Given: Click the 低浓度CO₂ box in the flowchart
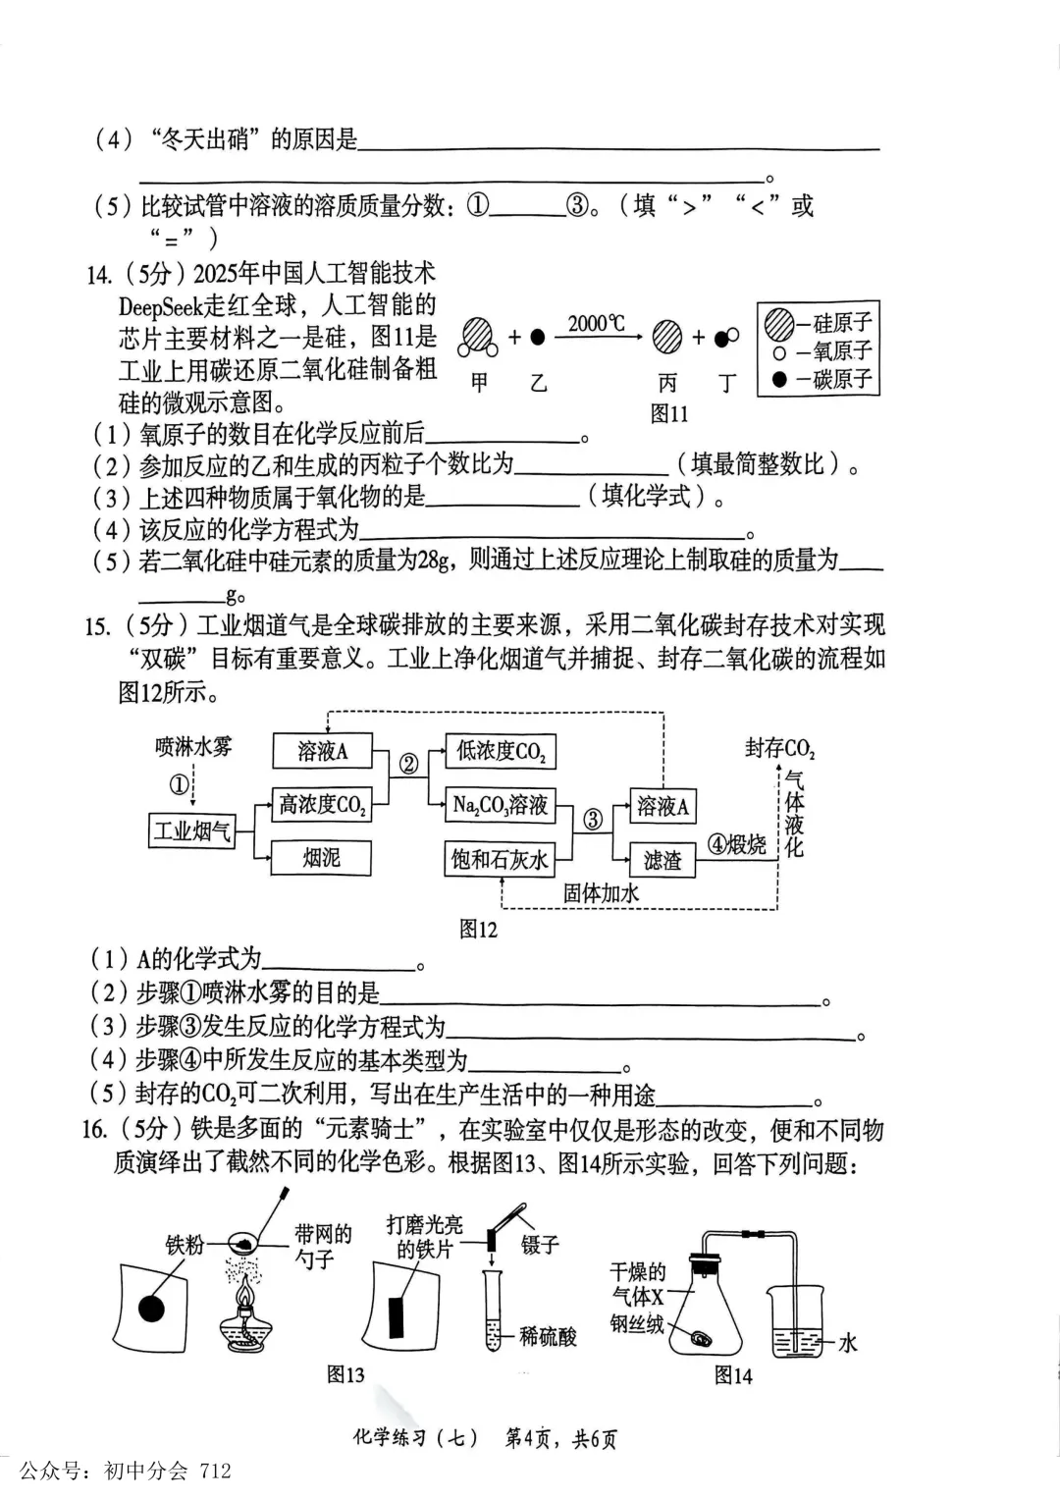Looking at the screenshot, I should [x=501, y=752].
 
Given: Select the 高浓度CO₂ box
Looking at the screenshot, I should [x=322, y=805].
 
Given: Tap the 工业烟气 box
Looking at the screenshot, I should [x=192, y=831].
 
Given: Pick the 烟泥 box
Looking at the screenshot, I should [x=321, y=858].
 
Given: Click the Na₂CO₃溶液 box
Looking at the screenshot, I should [x=501, y=805].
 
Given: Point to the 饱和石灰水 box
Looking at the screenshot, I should [x=501, y=859].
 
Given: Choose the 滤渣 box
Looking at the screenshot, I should [x=662, y=860].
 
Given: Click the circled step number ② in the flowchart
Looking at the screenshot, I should [x=408, y=764].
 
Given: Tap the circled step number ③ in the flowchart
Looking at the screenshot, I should [x=593, y=819].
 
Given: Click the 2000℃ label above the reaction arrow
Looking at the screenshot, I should [x=596, y=323].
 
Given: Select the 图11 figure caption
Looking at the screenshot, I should [x=669, y=413].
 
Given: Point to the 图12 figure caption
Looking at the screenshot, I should [x=479, y=929].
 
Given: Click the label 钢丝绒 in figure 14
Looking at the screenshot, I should [x=637, y=1323].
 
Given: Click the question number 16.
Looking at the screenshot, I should [x=94, y=1130].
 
